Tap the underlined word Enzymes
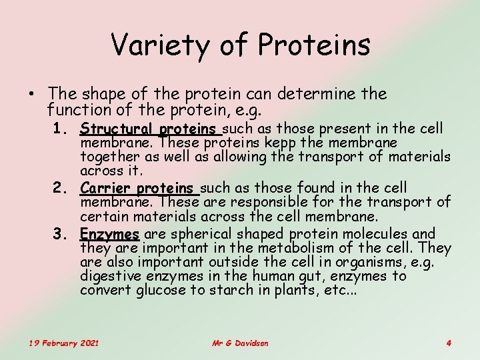tap(109, 234)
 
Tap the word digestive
tap(107, 276)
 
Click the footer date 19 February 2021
tap(64, 343)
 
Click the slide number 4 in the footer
tap(449, 343)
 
